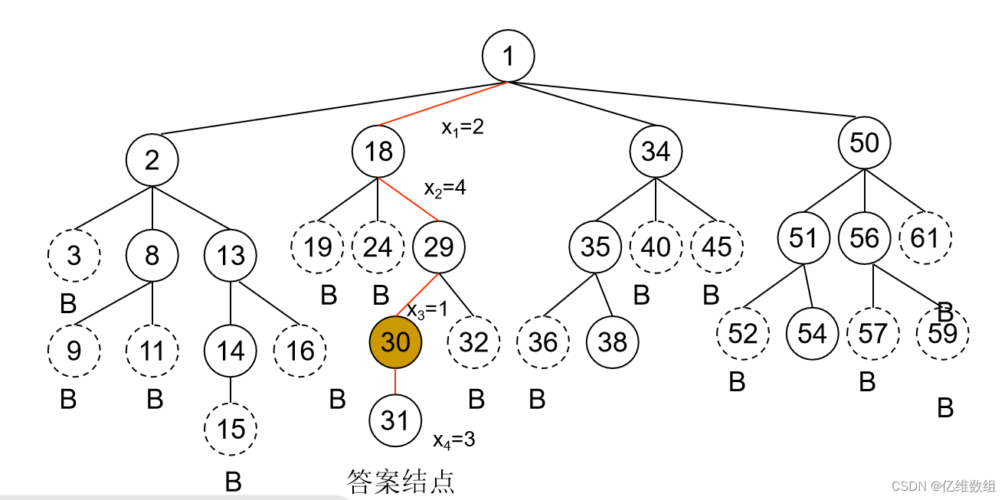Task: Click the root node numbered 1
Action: tap(508, 56)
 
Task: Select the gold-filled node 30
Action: tap(395, 342)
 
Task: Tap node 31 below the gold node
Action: tap(395, 420)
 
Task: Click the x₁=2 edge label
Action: tap(462, 127)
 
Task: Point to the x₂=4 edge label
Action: tap(445, 188)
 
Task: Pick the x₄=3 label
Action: tap(453, 440)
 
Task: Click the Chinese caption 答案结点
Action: tap(401, 482)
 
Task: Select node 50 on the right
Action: tap(864, 142)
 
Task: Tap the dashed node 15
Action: tap(231, 428)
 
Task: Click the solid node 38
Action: tap(612, 342)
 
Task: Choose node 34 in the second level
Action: tap(656, 151)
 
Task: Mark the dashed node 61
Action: tap(925, 238)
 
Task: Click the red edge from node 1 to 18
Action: tap(443, 103)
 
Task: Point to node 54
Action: tap(812, 333)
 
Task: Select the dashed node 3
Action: tap(74, 254)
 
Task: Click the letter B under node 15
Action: tap(233, 482)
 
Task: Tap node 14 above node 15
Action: tap(231, 351)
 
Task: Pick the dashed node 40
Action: tap(656, 247)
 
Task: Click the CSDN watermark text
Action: tap(944, 485)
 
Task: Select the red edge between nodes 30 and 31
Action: tap(395, 381)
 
